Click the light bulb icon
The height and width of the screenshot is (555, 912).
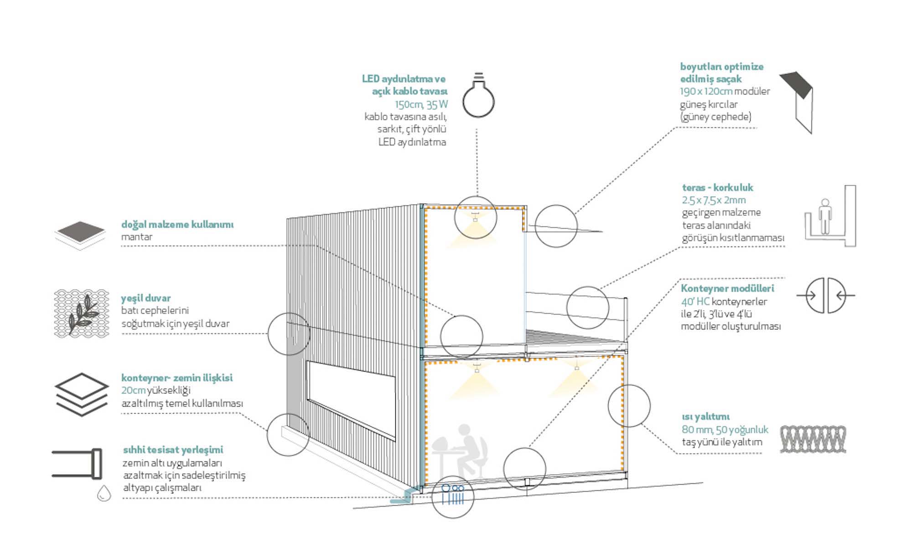tap(478, 96)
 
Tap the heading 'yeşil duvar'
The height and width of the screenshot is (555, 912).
tap(146, 298)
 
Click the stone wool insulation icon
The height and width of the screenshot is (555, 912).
tap(813, 439)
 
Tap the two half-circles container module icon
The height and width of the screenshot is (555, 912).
tap(826, 295)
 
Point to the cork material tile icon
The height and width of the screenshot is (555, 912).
tap(80, 234)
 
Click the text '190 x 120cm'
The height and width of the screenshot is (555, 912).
tap(706, 91)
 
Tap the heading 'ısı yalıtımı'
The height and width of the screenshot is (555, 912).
tap(705, 417)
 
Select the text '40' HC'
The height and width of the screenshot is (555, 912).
tap(695, 302)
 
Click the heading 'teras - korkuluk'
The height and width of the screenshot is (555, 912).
tap(717, 188)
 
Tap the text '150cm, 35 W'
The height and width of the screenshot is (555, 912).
tap(421, 105)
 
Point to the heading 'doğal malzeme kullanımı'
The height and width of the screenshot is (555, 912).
tap(177, 225)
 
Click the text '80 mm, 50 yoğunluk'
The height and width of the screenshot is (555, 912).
tap(725, 429)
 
